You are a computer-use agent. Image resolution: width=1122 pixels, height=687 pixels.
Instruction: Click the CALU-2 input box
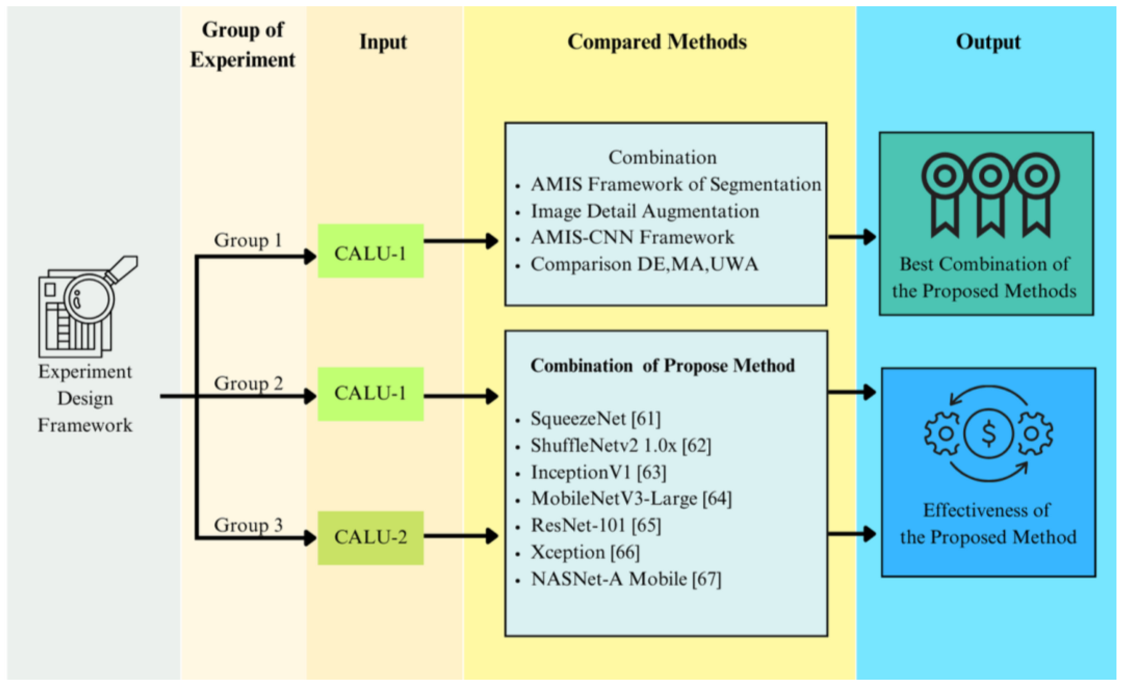click(x=370, y=538)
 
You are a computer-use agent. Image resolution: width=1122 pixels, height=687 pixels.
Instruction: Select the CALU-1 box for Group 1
click(x=370, y=251)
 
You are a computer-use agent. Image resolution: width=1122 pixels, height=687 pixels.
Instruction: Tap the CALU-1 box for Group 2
click(x=370, y=394)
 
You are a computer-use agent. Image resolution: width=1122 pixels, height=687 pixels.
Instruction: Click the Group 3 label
click(x=248, y=525)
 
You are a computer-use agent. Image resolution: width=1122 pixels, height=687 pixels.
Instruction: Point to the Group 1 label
click(x=248, y=240)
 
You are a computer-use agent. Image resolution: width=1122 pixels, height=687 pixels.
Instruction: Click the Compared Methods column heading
click(x=657, y=42)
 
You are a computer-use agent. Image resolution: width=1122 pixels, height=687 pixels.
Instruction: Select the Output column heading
click(x=988, y=42)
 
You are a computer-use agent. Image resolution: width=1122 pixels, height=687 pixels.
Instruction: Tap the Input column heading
click(x=383, y=42)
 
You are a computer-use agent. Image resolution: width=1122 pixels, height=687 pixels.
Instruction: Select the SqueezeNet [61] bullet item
click(x=595, y=418)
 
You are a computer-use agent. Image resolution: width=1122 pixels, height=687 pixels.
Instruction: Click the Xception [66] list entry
click(x=585, y=552)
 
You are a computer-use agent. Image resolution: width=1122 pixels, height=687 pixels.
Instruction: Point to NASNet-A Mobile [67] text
click(x=626, y=579)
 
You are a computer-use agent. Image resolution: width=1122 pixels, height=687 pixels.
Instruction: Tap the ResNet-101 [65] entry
click(x=595, y=525)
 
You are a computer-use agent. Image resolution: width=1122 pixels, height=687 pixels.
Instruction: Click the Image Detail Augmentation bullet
click(x=644, y=211)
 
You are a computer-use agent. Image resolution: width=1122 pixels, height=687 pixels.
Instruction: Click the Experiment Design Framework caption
click(x=85, y=399)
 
